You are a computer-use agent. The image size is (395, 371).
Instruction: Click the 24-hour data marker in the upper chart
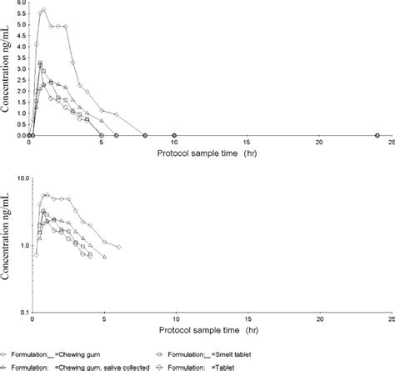[x=377, y=135]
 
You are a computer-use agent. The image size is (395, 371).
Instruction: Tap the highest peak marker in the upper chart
[x=43, y=10]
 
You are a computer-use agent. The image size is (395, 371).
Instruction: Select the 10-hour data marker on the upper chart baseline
[x=174, y=135]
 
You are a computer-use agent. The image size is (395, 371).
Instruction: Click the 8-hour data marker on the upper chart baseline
[x=145, y=135]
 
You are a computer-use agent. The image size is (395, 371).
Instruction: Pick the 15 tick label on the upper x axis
[x=247, y=143]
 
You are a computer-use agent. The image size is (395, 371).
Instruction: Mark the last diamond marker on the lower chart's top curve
[x=118, y=248]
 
